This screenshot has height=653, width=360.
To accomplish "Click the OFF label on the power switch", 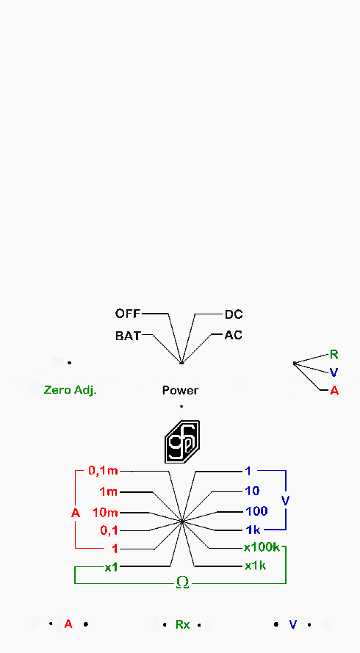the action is [x=128, y=314].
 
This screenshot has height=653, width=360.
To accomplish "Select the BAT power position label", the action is [x=128, y=336].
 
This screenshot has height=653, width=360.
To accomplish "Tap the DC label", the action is [x=234, y=314].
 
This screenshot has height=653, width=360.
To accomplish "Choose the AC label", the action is [x=234, y=335].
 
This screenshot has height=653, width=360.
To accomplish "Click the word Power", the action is [x=180, y=391].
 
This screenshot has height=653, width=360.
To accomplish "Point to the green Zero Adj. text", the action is [x=71, y=390].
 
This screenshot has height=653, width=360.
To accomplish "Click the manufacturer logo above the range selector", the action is [x=182, y=442].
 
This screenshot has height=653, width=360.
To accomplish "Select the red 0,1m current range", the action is [x=104, y=471].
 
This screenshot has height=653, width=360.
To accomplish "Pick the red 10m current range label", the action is [x=105, y=513].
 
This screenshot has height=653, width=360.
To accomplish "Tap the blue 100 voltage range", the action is [x=256, y=511].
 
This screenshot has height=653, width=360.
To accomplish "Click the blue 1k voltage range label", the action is [x=253, y=530].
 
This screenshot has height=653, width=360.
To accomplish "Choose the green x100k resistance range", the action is [x=262, y=547].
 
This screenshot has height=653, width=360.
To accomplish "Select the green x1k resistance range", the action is [x=256, y=566].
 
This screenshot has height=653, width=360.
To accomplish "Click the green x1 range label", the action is [x=111, y=567].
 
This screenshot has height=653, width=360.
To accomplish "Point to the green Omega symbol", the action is [x=182, y=582].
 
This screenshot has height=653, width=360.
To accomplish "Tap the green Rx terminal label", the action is [x=182, y=624].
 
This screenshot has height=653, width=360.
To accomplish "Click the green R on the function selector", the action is [x=334, y=355].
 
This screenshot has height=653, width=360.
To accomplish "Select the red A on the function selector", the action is [x=334, y=391].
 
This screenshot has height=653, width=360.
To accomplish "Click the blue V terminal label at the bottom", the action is [x=293, y=624].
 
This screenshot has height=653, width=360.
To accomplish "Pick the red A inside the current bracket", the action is [x=76, y=513].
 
